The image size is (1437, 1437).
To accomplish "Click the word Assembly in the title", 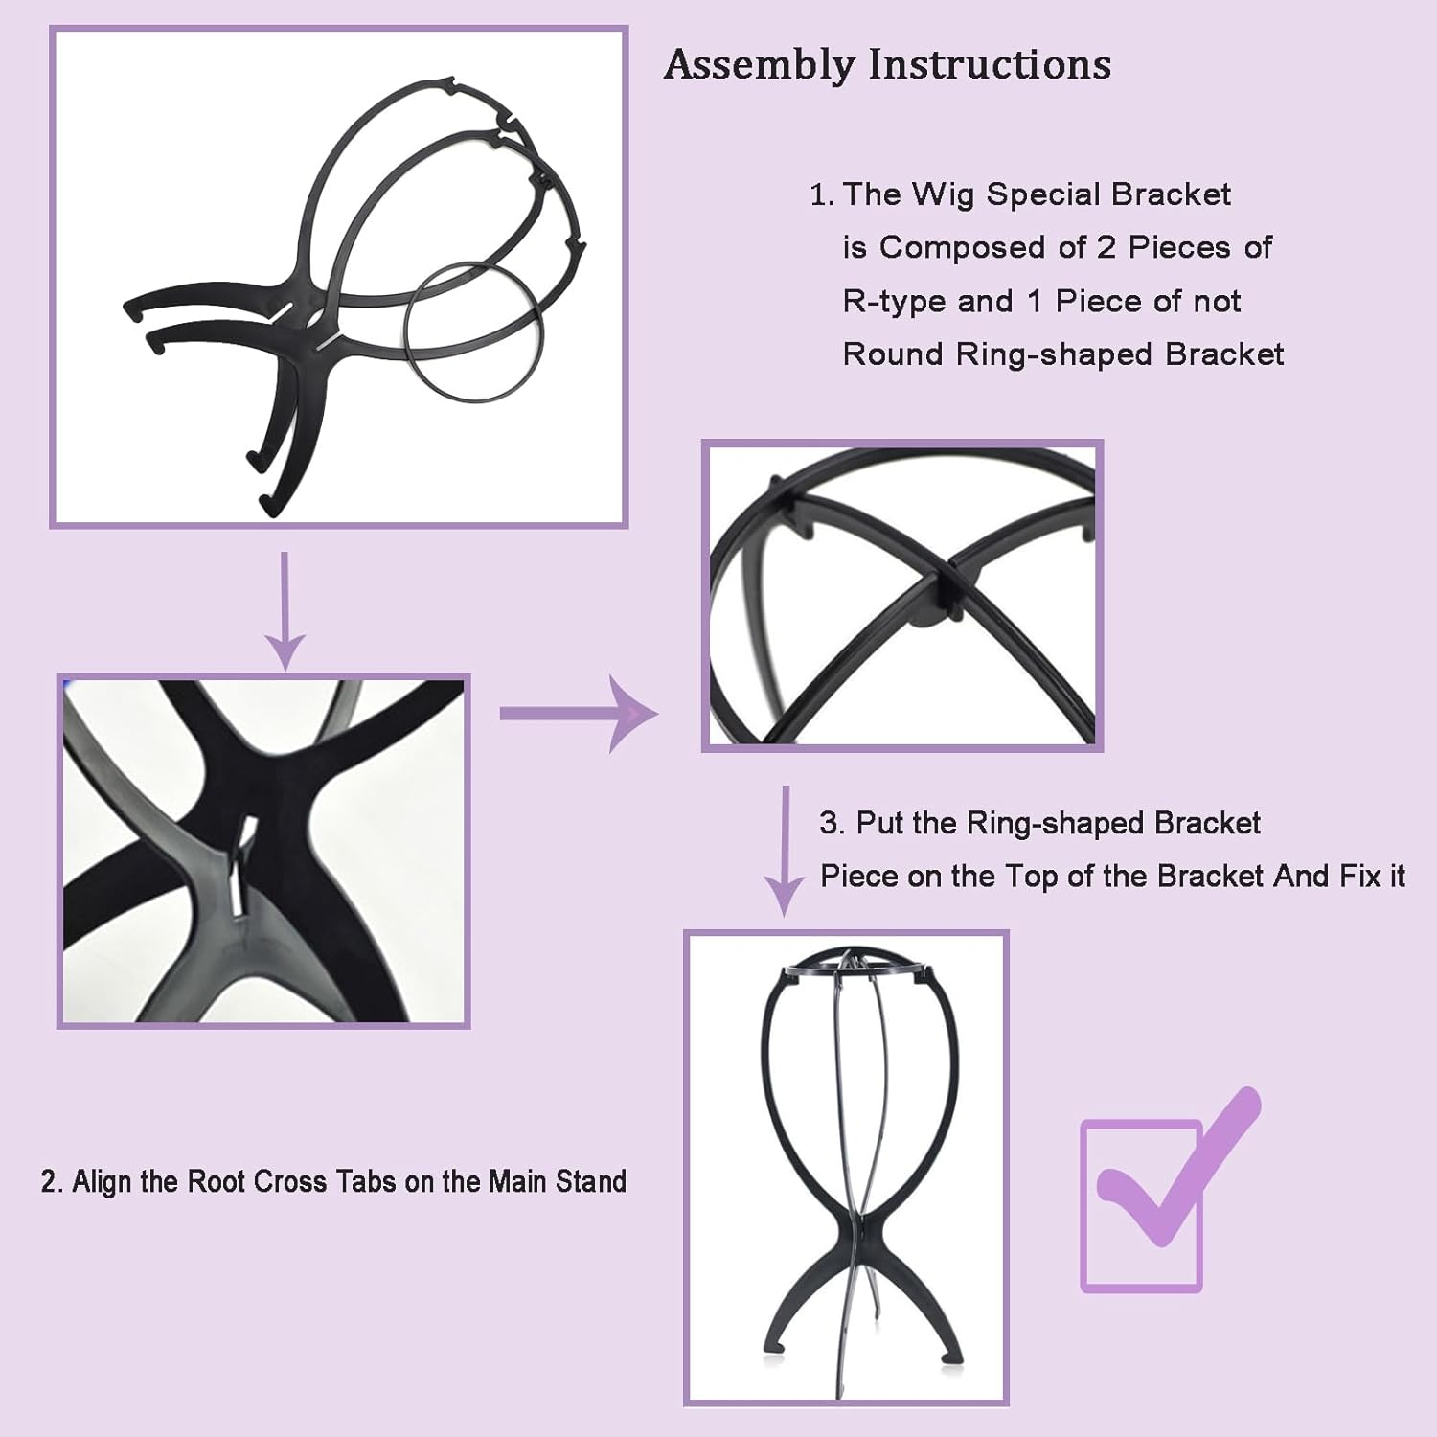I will coord(760,65).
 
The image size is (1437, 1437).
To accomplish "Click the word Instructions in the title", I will coord(990,64).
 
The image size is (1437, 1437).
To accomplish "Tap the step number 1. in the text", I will coord(821,194).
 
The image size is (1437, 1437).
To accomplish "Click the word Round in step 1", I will coord(893,354).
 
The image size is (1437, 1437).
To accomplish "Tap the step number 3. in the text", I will coord(831,823).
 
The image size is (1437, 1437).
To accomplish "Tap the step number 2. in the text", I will coord(52,1181).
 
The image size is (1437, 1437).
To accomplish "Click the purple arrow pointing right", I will coord(579,714).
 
